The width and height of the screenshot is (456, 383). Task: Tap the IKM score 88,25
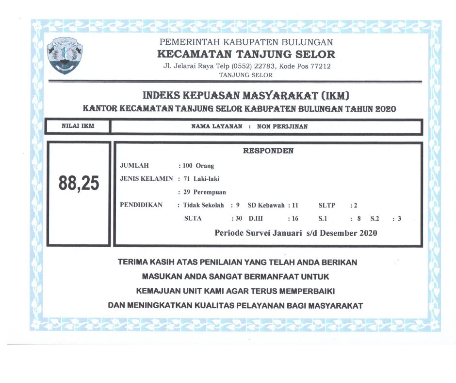coord(79,184)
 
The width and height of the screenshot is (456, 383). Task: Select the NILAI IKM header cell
coord(78,126)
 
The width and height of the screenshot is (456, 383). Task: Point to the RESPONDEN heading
coord(268,151)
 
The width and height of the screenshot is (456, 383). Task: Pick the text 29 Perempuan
coord(204,192)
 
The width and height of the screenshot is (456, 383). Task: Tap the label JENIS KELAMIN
coord(146,178)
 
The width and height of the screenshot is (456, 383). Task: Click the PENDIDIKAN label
coord(141,205)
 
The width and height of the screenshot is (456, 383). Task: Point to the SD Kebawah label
coord(266,205)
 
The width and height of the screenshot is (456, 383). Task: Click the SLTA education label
coord(193,219)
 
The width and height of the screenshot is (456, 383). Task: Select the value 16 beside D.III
coord(295,219)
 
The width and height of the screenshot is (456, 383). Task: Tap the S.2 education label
coord(375,219)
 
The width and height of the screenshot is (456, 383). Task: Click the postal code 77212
coord(321,66)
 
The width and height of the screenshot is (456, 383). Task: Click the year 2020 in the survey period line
coord(368,233)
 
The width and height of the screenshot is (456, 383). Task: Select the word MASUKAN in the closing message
coord(161,277)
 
